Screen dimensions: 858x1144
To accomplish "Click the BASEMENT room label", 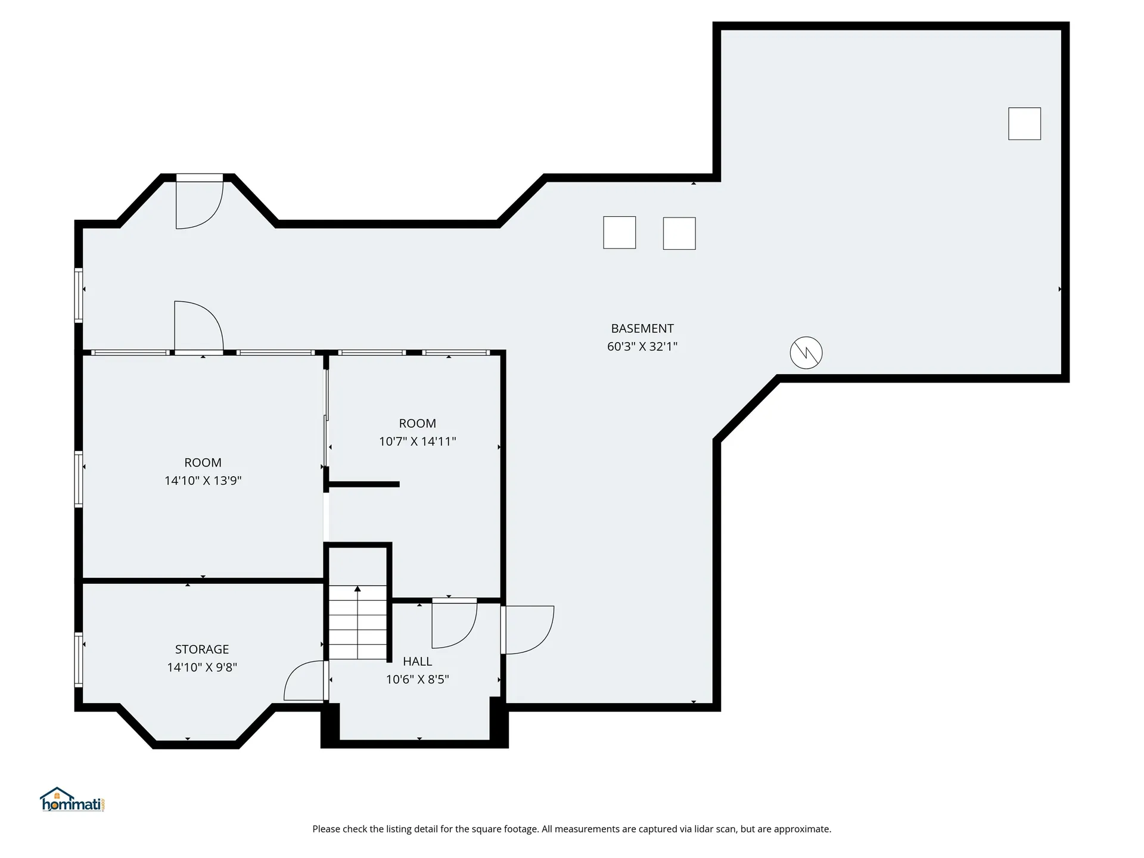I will [642, 328].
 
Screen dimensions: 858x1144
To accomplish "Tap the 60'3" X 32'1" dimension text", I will [642, 346].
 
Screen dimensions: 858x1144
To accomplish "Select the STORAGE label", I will [202, 649].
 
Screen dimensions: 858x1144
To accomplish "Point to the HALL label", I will [417, 661].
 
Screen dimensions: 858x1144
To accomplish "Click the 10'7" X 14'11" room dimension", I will [417, 442].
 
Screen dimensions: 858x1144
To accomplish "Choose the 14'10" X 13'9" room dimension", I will [203, 480].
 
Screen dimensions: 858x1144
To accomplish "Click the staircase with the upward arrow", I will [357, 621].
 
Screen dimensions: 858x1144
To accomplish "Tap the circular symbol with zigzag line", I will [806, 353].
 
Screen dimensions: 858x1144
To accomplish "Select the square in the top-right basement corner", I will [1024, 123].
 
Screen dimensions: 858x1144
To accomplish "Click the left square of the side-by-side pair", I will [619, 232].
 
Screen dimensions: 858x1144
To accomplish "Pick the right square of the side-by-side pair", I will [679, 233].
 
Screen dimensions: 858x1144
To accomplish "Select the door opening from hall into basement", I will [528, 630].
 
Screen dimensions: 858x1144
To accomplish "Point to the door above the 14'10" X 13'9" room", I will [198, 327].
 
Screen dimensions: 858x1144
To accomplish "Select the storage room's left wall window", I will [78, 660].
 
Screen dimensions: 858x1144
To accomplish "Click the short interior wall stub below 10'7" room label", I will [363, 484].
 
